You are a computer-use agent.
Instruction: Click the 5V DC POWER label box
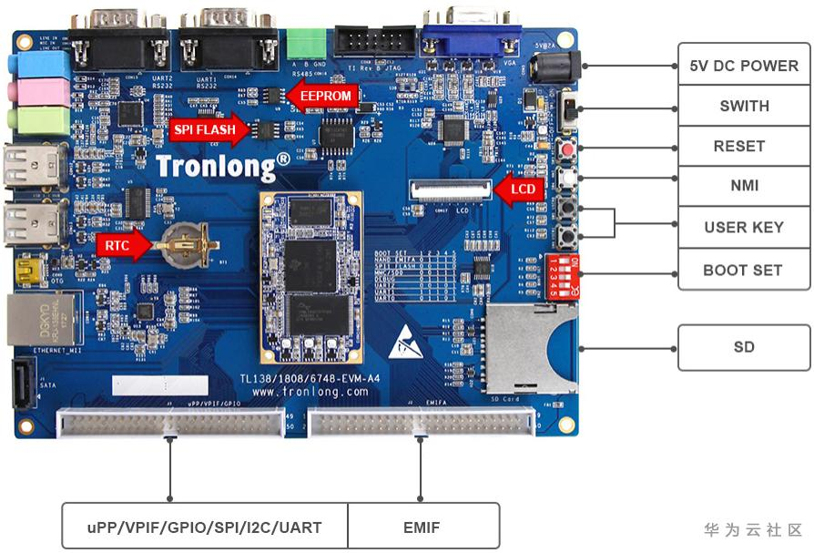tap(743, 66)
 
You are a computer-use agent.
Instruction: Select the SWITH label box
tap(743, 106)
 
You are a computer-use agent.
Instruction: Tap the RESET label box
tap(743, 146)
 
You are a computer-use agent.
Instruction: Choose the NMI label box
tap(743, 186)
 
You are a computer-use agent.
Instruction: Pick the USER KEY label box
tap(743, 227)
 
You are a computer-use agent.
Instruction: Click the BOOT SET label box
tap(743, 270)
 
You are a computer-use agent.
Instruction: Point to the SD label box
tap(743, 347)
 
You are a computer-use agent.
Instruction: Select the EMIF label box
tap(423, 527)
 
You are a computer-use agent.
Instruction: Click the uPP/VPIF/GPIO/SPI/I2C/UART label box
tap(205, 527)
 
